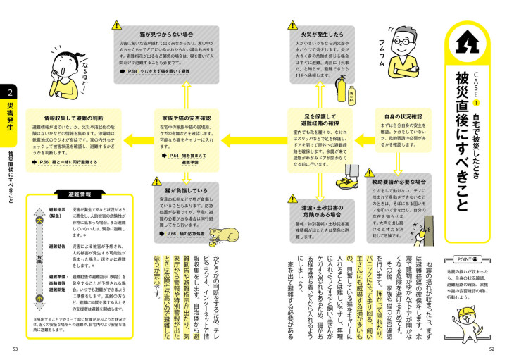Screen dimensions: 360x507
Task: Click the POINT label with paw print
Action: click(461, 258)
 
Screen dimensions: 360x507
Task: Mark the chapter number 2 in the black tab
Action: click(11, 92)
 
